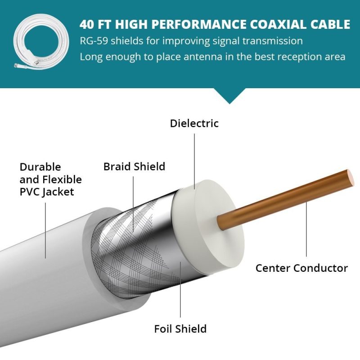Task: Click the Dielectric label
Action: (x=194, y=123)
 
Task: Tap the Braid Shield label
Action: (x=134, y=166)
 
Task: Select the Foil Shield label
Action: (x=180, y=329)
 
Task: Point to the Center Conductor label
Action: (x=301, y=268)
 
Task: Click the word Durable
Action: (x=40, y=167)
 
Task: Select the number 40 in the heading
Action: (x=87, y=24)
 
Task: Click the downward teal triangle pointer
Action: (x=229, y=96)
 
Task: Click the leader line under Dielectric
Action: (x=194, y=162)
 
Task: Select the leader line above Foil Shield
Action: (x=180, y=289)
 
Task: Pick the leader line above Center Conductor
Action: (x=306, y=229)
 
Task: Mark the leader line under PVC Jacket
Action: (x=45, y=230)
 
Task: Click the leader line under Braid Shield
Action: (x=133, y=204)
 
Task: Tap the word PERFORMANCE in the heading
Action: (x=199, y=24)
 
